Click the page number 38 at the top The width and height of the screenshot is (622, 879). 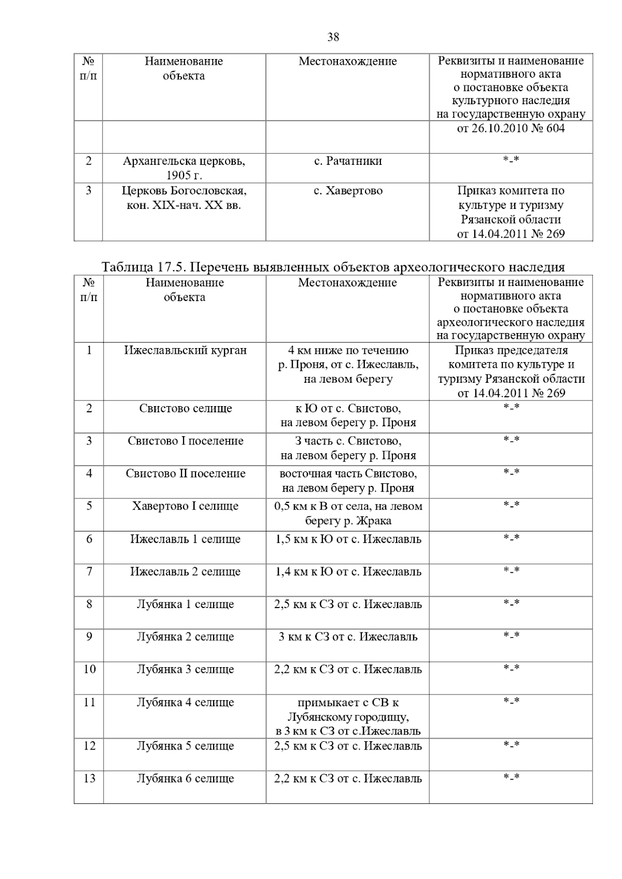(333, 37)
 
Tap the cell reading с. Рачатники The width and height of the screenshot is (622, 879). (348, 161)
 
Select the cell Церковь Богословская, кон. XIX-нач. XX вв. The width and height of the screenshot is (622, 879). (184, 198)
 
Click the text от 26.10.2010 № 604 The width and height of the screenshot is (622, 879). (511, 128)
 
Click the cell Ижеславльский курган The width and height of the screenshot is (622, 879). (185, 350)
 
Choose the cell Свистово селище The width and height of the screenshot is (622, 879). (185, 408)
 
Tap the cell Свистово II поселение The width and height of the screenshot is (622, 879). (185, 473)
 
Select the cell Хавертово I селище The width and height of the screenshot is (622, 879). (185, 506)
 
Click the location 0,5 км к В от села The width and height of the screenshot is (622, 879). (348, 513)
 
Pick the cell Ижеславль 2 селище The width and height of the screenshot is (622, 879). (185, 572)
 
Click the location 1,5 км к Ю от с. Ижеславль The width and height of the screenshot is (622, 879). (348, 539)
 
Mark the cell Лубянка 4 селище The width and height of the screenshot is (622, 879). (185, 702)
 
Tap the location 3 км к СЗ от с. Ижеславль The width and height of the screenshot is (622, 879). (348, 637)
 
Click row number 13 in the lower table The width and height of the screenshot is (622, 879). (89, 779)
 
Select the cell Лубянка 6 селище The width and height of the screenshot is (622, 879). (185, 779)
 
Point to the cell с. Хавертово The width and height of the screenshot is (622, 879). (348, 191)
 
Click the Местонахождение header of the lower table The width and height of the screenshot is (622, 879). (347, 283)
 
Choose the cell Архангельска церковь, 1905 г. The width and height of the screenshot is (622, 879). (184, 168)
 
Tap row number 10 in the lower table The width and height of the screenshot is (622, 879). (89, 669)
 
